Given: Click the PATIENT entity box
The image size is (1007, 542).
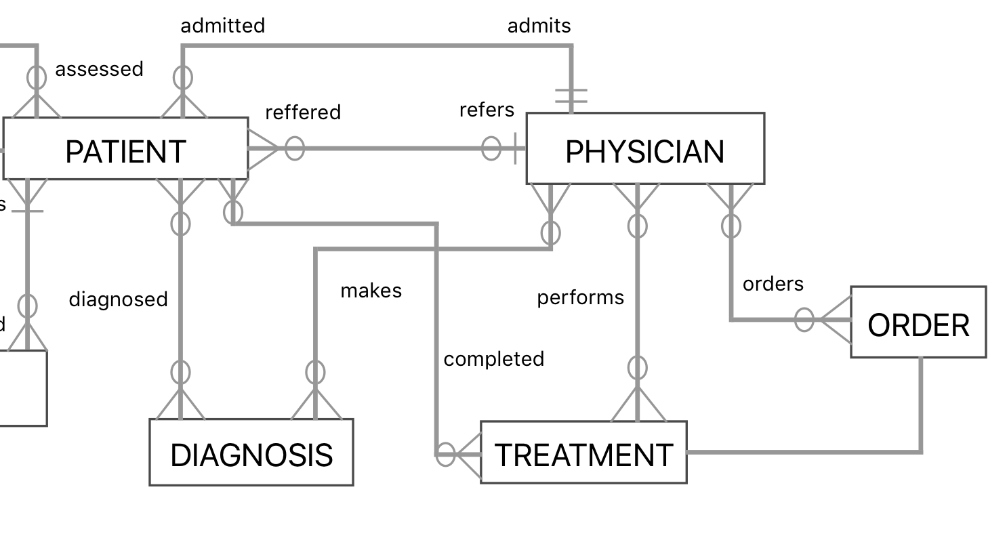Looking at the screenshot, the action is [126, 149].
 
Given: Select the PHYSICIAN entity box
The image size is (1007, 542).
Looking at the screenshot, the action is [645, 148].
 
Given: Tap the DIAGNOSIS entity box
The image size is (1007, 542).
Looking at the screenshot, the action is [251, 452].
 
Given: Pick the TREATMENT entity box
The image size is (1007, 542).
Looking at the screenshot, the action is [583, 452].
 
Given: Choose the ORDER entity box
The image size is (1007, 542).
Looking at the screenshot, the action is [918, 322].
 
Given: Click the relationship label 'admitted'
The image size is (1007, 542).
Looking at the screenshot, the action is [223, 26].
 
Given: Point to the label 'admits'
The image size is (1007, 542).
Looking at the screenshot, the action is [539, 26].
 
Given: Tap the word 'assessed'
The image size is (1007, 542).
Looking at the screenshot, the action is [99, 69].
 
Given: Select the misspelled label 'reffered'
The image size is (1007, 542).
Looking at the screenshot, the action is [303, 112].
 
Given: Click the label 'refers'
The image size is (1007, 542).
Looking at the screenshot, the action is [487, 110].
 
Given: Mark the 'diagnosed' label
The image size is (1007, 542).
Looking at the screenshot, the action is [118, 299].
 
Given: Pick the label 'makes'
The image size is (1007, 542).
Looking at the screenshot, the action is [371, 291].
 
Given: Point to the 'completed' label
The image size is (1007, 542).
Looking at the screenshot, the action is [493, 359].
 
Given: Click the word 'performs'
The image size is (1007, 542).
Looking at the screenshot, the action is [580, 298].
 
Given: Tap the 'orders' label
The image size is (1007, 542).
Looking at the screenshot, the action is [773, 284].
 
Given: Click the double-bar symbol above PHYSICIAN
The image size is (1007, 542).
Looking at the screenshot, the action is [571, 96].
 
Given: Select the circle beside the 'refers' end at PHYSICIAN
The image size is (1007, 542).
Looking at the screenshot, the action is [491, 148].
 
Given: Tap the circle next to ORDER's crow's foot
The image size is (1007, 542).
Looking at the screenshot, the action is [804, 320].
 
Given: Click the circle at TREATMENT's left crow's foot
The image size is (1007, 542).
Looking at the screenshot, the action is [446, 454].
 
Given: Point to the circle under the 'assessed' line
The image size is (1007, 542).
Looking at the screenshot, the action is [37, 78].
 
